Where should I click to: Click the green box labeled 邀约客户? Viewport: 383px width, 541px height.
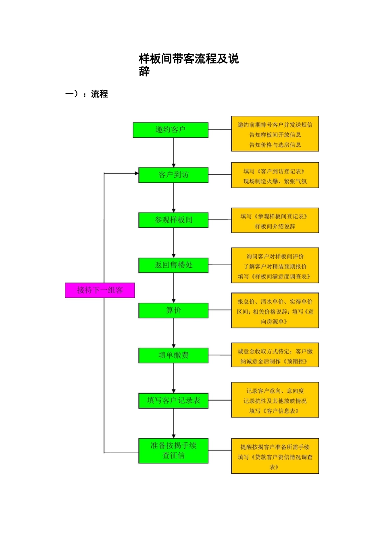pos(171,130)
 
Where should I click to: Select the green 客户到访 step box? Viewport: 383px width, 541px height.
pos(173,175)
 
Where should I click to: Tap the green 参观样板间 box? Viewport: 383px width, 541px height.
pos(173,220)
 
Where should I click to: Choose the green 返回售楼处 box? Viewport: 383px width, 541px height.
pos(173,265)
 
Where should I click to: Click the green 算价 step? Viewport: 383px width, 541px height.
pos(173,310)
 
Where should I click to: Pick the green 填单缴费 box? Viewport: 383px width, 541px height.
pos(173,355)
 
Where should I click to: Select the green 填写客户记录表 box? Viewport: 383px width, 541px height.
pos(173,401)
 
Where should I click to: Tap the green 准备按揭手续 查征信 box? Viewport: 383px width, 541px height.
pos(173,451)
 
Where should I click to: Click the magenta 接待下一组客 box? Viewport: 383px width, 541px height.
pos(100,290)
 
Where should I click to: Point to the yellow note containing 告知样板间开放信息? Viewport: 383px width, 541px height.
pos(275,134)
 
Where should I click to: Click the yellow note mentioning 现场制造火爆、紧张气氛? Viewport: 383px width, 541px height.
pos(275,176)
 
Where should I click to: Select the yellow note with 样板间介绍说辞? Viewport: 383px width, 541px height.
pos(275,221)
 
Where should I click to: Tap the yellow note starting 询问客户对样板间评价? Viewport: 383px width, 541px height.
pos(275,266)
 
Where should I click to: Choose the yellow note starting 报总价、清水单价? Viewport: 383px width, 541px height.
pos(275,311)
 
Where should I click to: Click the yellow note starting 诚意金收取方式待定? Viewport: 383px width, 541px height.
pos(275,356)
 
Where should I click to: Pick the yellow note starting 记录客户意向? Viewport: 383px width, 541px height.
pos(275,400)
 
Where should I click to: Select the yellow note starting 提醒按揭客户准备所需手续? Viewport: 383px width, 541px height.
pos(275,456)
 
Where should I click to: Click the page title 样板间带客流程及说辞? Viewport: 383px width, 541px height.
pos(189,64)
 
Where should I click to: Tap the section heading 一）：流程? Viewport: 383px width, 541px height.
pos(87,94)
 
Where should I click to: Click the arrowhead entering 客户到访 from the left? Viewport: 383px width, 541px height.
pos(137,173)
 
